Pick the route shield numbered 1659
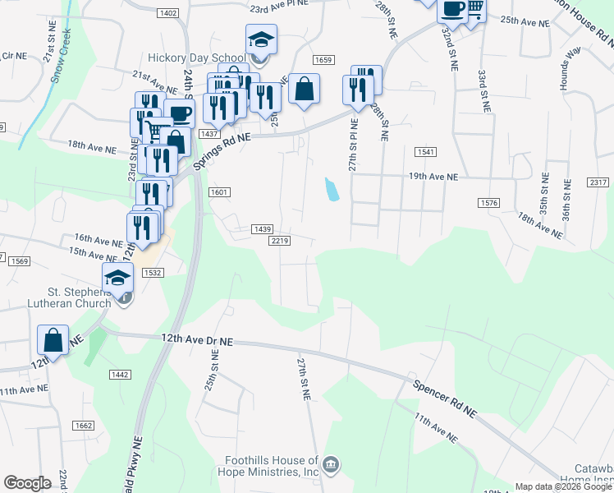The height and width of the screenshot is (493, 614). pyautogui.click(x=323, y=60)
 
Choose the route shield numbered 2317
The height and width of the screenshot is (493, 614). pyautogui.click(x=598, y=182)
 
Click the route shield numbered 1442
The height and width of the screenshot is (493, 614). pyautogui.click(x=119, y=375)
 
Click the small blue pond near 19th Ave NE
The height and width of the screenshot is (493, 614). pyautogui.click(x=332, y=190)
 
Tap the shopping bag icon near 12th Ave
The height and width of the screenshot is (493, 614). pyautogui.click(x=53, y=339)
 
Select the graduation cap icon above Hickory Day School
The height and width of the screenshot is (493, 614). pyautogui.click(x=261, y=39)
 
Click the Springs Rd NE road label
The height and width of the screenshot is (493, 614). pyautogui.click(x=222, y=146)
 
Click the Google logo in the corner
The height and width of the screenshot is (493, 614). pyautogui.click(x=27, y=483)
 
